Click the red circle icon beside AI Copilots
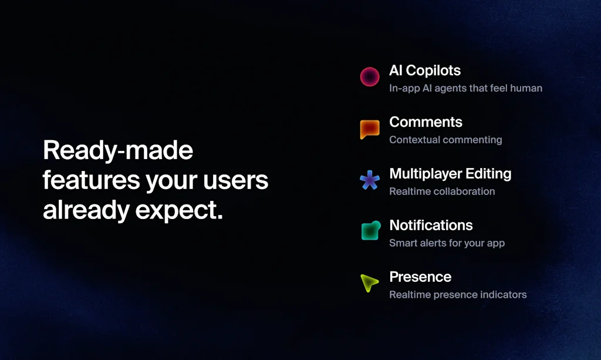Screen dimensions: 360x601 tap(370, 77)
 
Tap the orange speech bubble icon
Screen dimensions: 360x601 tap(370, 129)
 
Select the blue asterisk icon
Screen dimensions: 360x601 tap(370, 180)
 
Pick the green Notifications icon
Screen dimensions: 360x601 tap(371, 231)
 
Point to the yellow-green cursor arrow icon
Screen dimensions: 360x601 tap(369, 283)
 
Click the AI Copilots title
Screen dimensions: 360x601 tap(425, 70)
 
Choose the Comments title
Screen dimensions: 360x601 tap(426, 122)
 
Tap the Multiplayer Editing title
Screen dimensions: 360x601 tap(450, 174)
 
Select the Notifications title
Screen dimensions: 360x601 tap(431, 226)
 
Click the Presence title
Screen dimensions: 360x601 tap(420, 277)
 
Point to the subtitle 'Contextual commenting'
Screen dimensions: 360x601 tap(445, 140)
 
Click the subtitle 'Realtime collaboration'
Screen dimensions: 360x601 tap(442, 191)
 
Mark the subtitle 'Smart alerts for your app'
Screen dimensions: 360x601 tap(447, 243)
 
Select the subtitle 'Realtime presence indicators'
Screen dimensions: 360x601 tap(458, 295)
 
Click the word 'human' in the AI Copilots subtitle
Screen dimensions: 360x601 tap(527, 88)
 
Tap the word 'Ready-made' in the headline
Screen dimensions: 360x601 tap(118, 151)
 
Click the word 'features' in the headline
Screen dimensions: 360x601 tap(91, 180)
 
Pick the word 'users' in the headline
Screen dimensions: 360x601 tap(236, 180)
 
